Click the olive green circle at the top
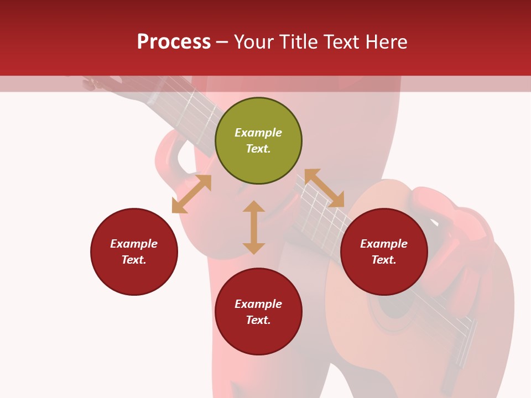(258, 141)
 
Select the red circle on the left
(134, 252)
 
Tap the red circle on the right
(384, 252)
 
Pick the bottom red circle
(258, 312)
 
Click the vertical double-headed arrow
(254, 227)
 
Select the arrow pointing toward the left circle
(191, 194)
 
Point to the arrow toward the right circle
(324, 188)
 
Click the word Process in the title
(174, 42)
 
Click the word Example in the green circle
(258, 133)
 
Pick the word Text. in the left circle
(134, 260)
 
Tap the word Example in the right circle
(384, 244)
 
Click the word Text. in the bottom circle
(258, 320)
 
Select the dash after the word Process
(222, 42)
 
